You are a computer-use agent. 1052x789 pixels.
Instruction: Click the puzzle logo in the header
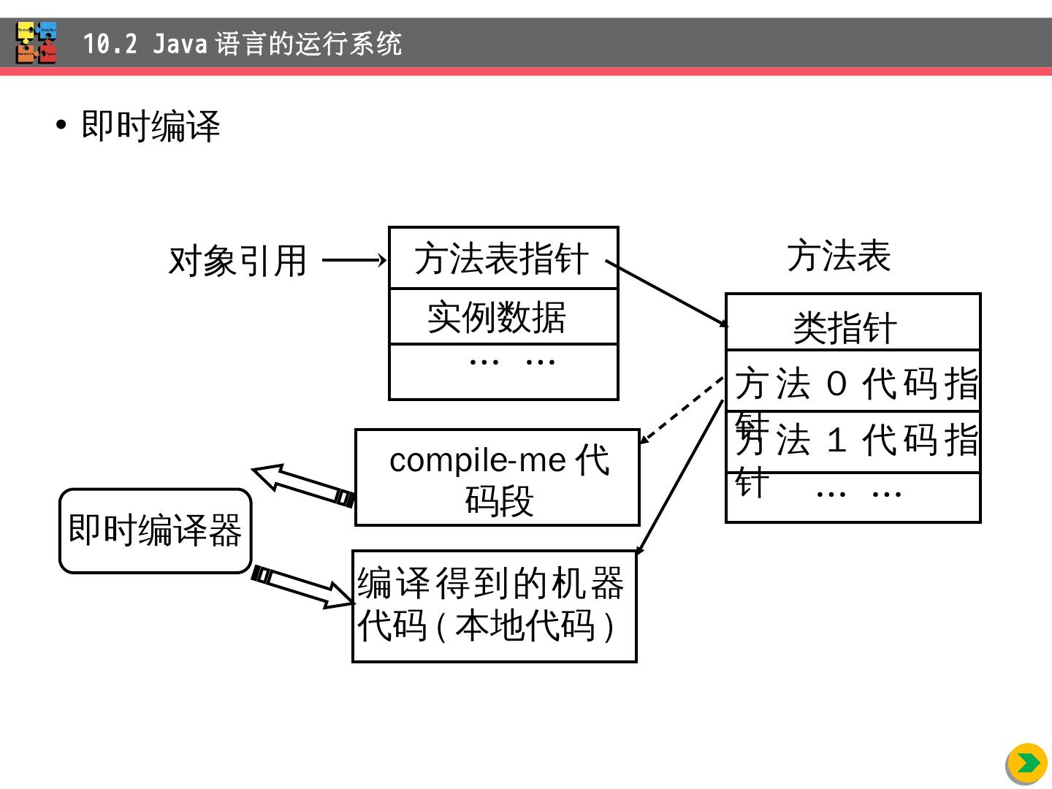click(x=37, y=43)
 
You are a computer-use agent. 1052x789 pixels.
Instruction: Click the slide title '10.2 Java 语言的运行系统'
click(x=242, y=44)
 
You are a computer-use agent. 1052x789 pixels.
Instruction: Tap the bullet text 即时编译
click(x=150, y=126)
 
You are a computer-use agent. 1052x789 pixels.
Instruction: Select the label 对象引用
click(x=237, y=261)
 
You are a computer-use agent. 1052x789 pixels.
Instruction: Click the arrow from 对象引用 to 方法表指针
click(x=354, y=260)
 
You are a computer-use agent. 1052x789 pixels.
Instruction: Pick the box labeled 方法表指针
click(x=503, y=258)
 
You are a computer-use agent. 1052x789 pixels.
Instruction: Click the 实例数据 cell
click(x=503, y=316)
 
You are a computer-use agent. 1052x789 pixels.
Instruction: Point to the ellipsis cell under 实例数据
click(x=503, y=372)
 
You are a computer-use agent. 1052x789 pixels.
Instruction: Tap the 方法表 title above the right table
click(x=839, y=256)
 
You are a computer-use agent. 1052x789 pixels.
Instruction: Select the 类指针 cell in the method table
click(x=852, y=323)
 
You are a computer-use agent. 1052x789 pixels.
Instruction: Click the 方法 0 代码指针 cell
click(x=855, y=382)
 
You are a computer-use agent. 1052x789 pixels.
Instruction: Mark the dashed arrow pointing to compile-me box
click(x=681, y=411)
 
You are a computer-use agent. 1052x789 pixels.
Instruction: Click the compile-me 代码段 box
click(x=498, y=478)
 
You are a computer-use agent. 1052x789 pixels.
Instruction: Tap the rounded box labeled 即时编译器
click(x=155, y=530)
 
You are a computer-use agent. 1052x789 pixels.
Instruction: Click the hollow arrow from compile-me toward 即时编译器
click(x=302, y=484)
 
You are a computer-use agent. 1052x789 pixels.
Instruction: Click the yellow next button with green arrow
click(x=1026, y=763)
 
